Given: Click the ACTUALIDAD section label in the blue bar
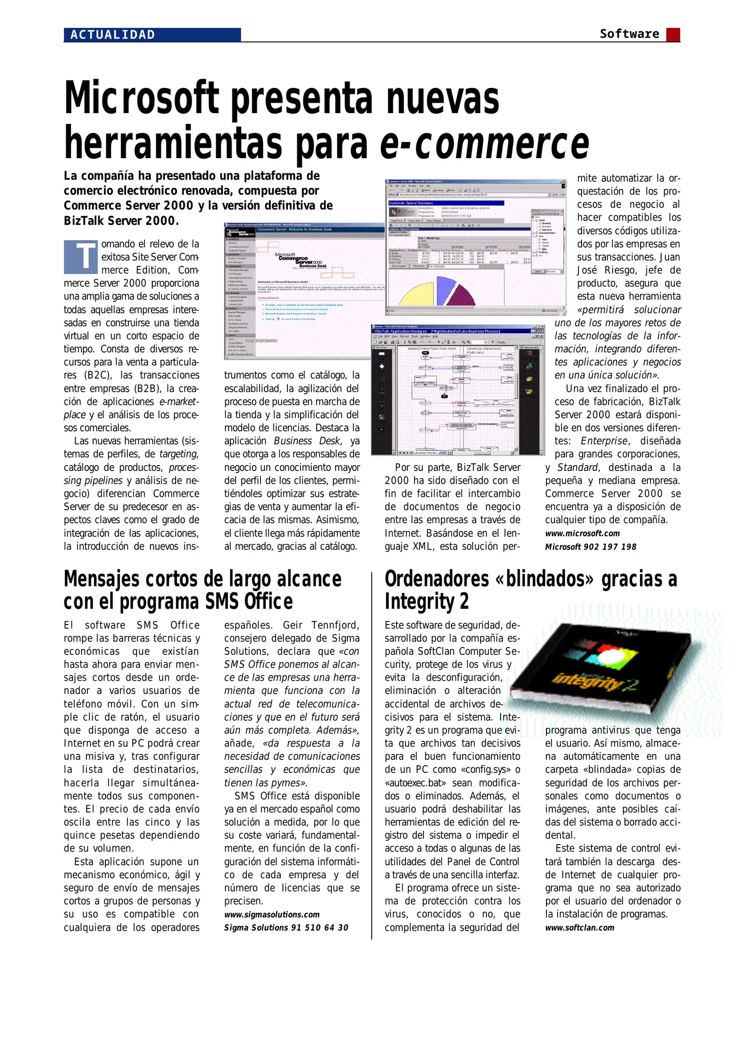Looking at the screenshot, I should point(113,35).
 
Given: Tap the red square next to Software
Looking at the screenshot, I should point(673,34).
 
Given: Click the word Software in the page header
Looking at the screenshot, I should point(629,34).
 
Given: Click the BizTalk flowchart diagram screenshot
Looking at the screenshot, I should point(458,390).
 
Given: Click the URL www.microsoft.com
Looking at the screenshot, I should point(582,533).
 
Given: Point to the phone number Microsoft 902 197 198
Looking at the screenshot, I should point(590,547).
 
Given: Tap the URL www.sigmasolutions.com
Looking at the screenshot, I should point(272,914).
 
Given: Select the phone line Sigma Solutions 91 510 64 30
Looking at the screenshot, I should point(286,928).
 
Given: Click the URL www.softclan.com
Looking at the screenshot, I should point(580,928).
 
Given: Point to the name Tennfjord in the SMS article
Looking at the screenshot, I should point(335,625).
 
